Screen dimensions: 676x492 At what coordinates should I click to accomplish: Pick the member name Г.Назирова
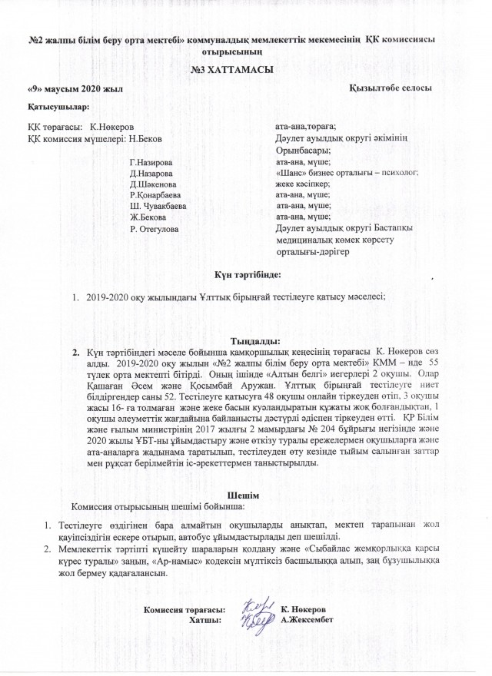pos(151,163)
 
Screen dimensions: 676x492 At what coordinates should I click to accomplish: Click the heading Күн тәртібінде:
pos(245,273)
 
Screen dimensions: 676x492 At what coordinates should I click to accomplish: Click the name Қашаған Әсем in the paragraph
pos(113,385)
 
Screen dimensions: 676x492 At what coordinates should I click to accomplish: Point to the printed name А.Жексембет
pos(307,619)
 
